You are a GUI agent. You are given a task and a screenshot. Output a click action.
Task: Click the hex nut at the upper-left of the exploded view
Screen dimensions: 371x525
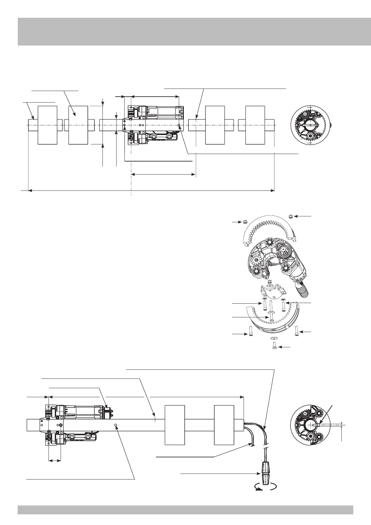[245, 222]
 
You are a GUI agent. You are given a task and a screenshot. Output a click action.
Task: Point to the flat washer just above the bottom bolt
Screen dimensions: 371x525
[273, 338]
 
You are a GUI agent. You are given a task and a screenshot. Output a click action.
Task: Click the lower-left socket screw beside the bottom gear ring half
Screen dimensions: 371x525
[250, 330]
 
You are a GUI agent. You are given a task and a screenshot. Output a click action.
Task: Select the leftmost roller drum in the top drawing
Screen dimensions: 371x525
[47, 125]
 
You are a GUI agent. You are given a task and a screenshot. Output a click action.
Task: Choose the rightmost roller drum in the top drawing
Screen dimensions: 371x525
[255, 125]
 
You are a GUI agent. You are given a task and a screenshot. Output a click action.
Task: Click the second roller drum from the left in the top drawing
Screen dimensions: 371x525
[78, 125]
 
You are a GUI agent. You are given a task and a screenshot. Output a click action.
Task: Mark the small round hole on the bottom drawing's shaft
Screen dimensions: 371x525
[116, 425]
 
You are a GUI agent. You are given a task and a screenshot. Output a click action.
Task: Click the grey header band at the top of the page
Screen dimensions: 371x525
[185, 31]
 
